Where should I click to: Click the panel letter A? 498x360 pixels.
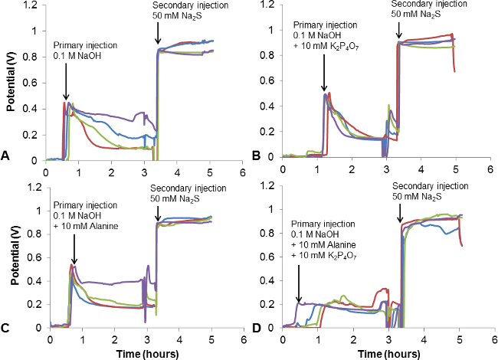pyautogui.click(x=5, y=155)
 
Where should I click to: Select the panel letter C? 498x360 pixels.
pyautogui.click(x=5, y=328)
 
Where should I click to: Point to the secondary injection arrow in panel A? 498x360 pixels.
pyautogui.click(x=157, y=34)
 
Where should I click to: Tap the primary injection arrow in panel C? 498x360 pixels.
pyautogui.click(x=74, y=249)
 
